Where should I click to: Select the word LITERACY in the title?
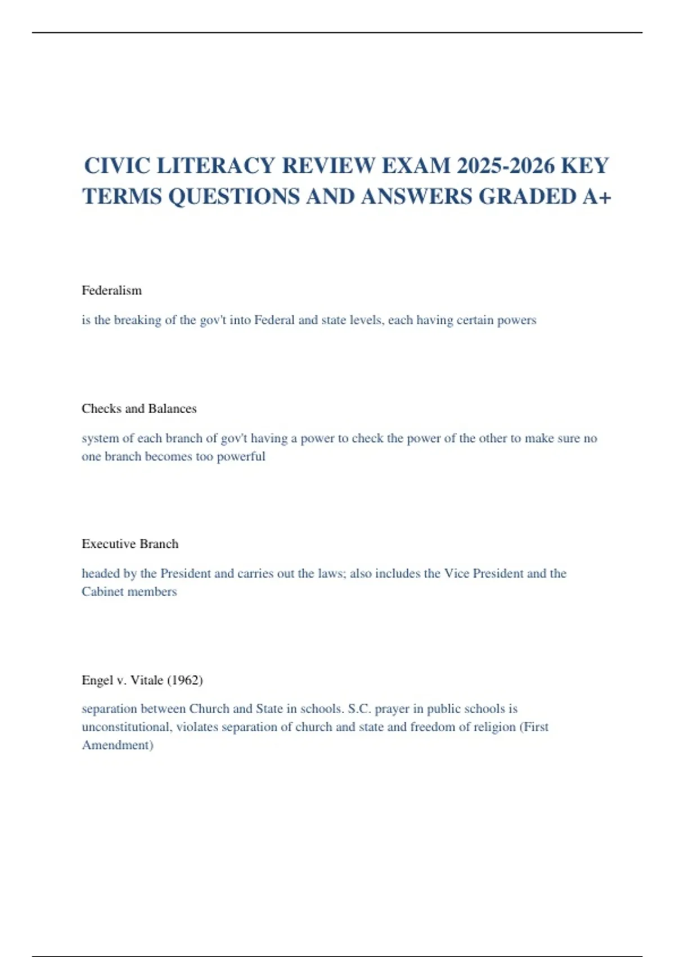click(215, 166)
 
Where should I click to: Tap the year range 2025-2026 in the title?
click(504, 166)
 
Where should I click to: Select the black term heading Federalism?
click(111, 290)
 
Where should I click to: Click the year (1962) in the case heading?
click(185, 680)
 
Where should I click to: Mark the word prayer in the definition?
click(391, 709)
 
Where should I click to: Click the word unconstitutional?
click(127, 727)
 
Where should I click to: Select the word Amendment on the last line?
click(117, 745)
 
